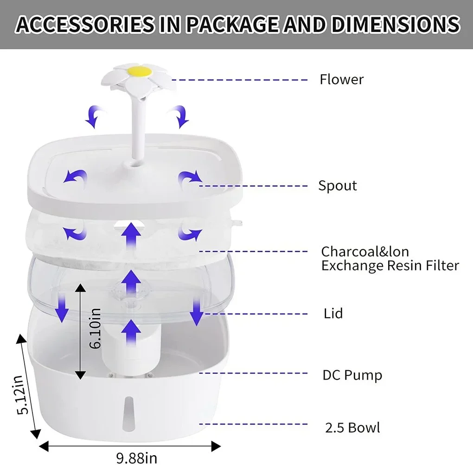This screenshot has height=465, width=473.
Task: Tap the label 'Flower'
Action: point(341,79)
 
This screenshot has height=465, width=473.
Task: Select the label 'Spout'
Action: point(337,186)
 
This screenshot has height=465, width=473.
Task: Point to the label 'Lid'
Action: point(333,314)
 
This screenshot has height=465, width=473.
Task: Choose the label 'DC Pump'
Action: point(352,375)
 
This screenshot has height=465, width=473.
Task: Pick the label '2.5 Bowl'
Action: point(352,427)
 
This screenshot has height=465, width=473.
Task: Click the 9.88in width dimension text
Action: point(136,458)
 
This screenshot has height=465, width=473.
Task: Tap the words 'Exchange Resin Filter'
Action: point(390,266)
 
